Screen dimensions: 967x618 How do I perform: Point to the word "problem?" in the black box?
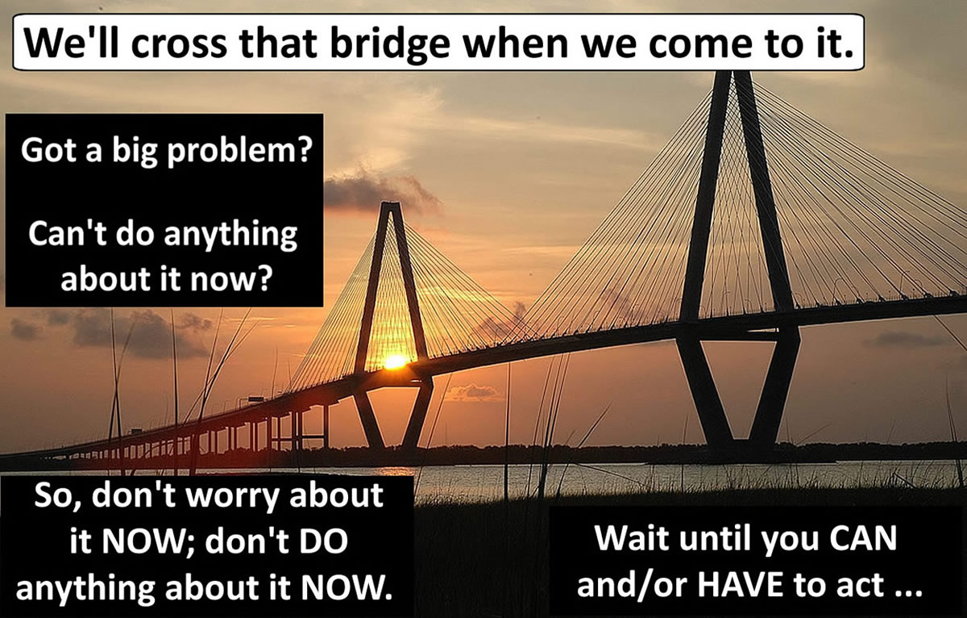coord(239,151)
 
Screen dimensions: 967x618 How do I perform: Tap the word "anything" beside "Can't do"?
coord(230,236)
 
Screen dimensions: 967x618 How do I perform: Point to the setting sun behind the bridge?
coord(396,362)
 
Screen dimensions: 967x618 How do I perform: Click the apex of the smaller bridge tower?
coord(390,204)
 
